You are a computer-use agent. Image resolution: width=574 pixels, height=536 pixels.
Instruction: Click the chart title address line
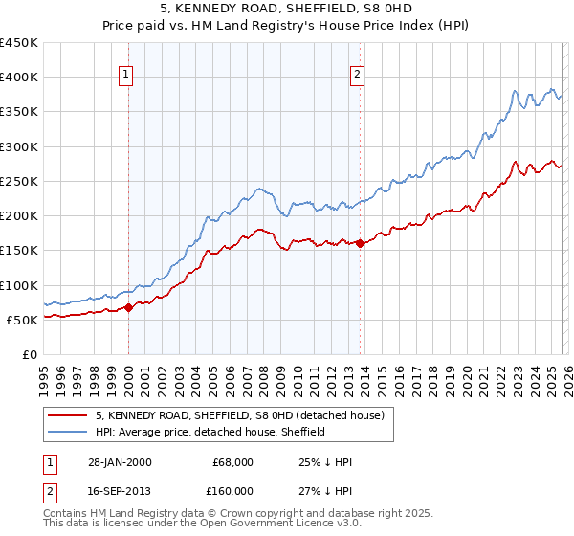pos(286,9)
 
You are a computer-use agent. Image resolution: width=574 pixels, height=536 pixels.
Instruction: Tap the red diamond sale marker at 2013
pos(360,243)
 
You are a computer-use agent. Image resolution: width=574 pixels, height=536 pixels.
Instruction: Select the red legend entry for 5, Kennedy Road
pos(239,415)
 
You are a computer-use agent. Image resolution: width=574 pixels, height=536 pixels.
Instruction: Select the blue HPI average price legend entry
pos(210,432)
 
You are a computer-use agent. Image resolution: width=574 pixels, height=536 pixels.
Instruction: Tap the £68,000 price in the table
pos(232,462)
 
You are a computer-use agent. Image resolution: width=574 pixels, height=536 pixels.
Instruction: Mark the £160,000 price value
pos(232,491)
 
